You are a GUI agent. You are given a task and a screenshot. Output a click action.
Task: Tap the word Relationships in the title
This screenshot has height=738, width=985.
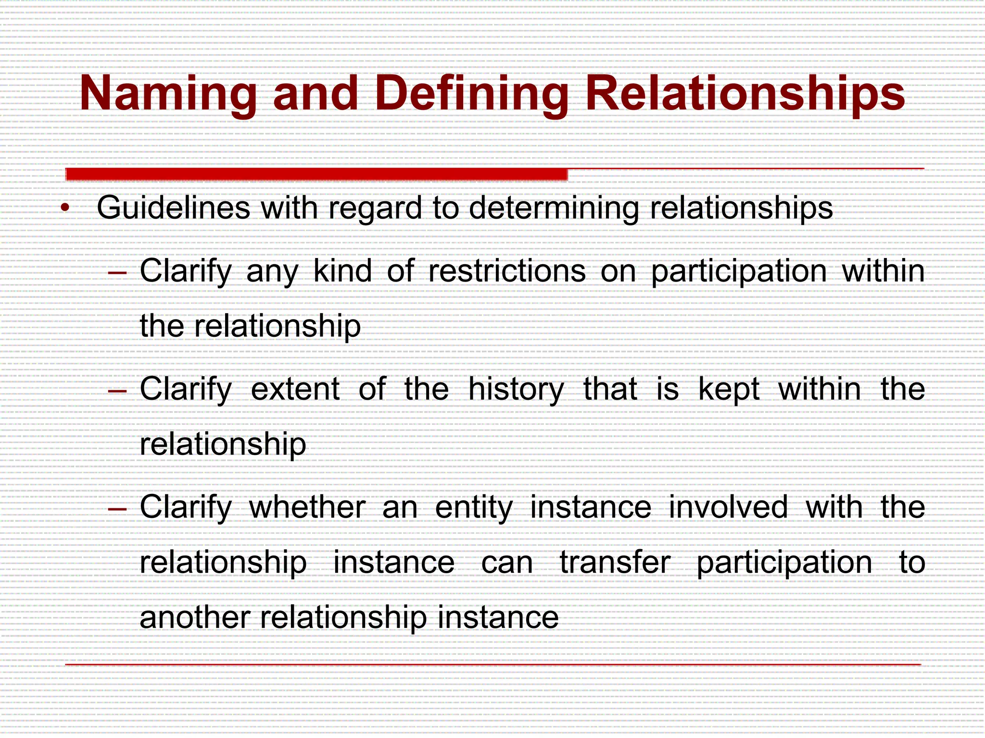tap(745, 94)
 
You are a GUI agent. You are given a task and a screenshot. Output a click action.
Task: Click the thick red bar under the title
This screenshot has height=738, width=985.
tap(316, 174)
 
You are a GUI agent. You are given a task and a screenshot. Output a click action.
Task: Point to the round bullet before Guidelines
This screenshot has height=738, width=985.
tap(65, 209)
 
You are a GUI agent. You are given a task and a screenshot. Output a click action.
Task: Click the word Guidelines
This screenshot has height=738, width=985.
tap(173, 209)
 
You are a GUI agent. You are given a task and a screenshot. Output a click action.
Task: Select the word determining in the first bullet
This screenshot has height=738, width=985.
tap(553, 209)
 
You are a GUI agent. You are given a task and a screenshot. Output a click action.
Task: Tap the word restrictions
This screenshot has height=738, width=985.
tap(506, 271)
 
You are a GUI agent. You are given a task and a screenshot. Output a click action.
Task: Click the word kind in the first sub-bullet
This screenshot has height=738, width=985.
tap(342, 271)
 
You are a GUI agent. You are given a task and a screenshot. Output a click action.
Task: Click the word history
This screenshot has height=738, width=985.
tap(516, 389)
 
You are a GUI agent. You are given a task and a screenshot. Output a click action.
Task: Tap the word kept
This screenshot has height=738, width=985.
tap(729, 389)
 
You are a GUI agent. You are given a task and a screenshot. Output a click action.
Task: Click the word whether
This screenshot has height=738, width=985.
tap(307, 507)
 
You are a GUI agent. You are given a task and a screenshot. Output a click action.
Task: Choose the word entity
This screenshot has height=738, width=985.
tap(474, 508)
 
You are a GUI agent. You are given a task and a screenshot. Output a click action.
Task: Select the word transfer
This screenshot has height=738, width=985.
tap(615, 562)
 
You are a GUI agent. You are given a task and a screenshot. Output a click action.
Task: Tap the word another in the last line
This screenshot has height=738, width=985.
tap(194, 617)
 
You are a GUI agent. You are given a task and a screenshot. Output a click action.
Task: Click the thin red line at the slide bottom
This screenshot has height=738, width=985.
tap(492, 664)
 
